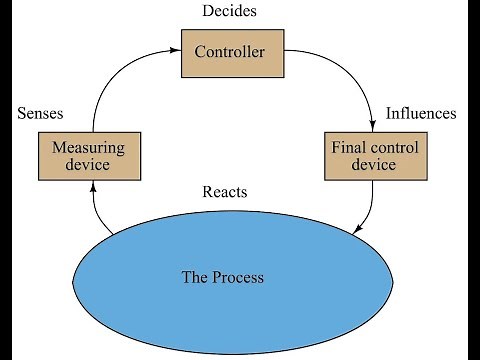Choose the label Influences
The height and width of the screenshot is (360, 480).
[x=420, y=113]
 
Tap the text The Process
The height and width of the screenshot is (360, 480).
[x=222, y=276]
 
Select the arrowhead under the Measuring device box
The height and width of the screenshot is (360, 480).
[x=93, y=188]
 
